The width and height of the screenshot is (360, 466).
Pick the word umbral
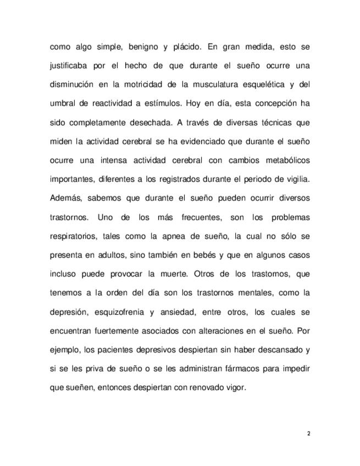pyautogui.click(x=62, y=103)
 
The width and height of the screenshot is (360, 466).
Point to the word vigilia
pyautogui.click(x=296, y=179)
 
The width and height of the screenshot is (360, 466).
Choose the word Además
pyautogui.click(x=66, y=198)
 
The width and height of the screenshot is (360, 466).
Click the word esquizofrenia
pyautogui.click(x=115, y=312)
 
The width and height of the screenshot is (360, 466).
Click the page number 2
pyautogui.click(x=308, y=434)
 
